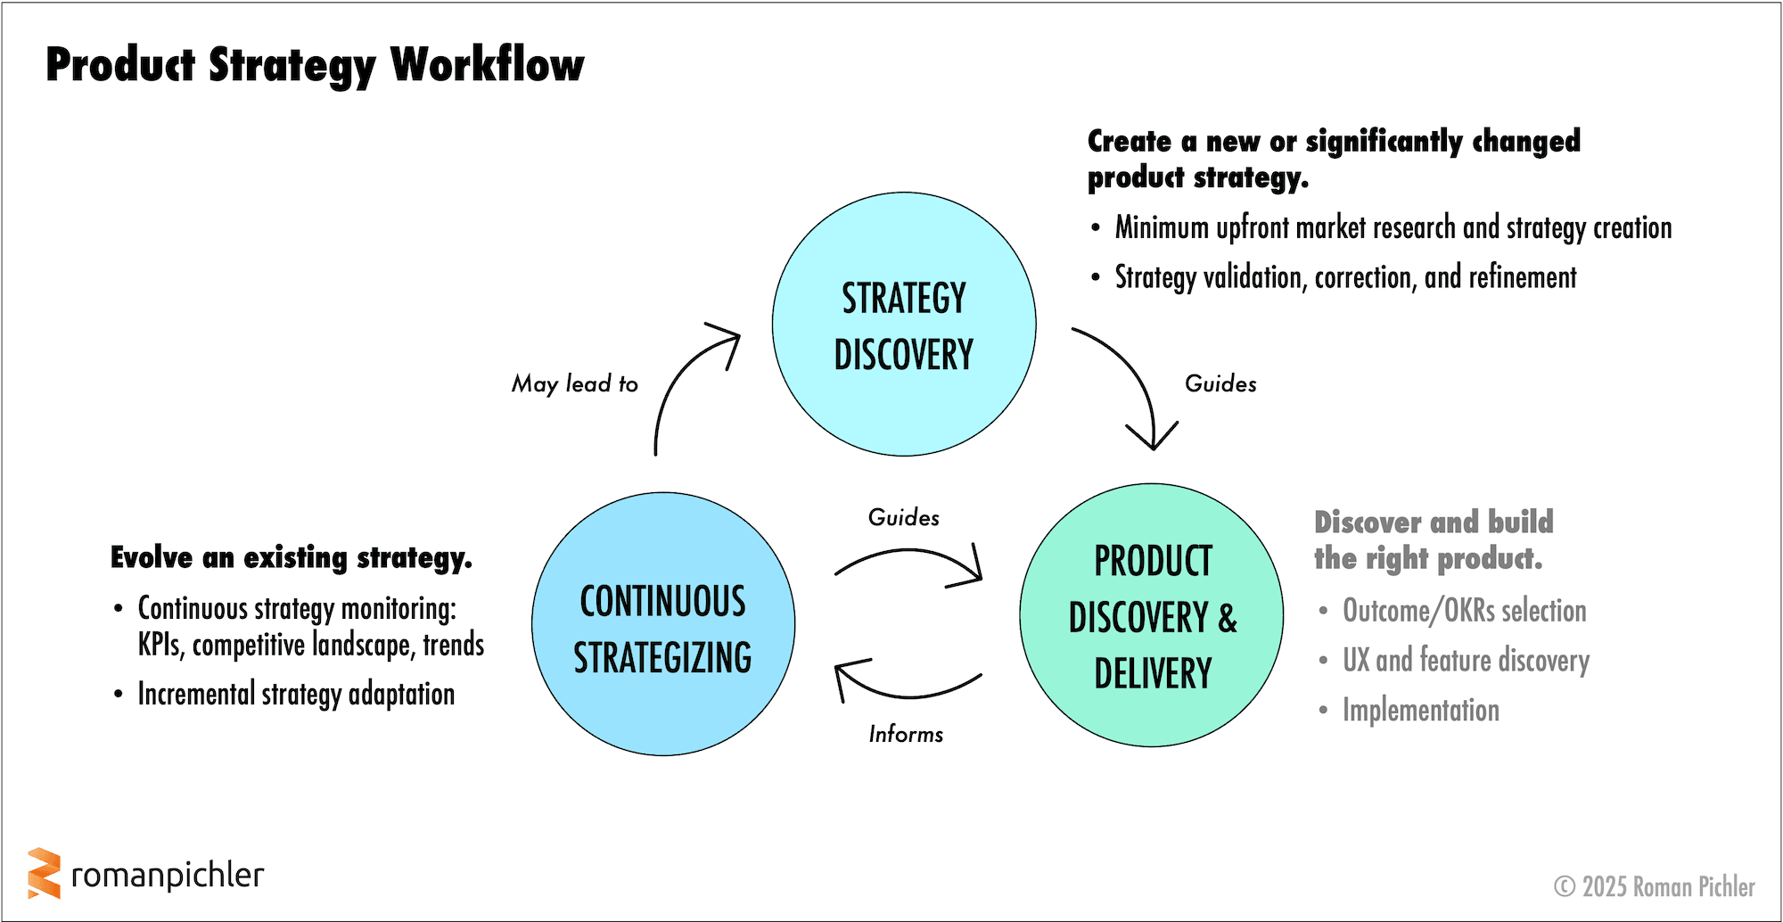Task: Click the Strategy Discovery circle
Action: point(904,325)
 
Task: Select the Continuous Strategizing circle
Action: point(663,624)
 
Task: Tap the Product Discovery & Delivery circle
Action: point(1152,615)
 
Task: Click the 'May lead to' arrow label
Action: point(575,383)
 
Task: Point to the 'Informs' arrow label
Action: point(906,734)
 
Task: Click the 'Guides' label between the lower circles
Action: point(904,517)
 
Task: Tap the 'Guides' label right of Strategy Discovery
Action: point(1220,383)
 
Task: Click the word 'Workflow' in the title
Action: point(487,64)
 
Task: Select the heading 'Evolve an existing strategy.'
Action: point(292,558)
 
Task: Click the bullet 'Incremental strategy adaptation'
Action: point(296,694)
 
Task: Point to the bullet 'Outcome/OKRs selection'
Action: point(1464,611)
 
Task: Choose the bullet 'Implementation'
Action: point(1421,711)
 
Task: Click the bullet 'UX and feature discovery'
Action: point(1466,661)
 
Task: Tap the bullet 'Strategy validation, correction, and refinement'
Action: point(1345,277)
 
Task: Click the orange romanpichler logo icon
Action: point(44,873)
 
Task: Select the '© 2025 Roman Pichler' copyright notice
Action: point(1654,886)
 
